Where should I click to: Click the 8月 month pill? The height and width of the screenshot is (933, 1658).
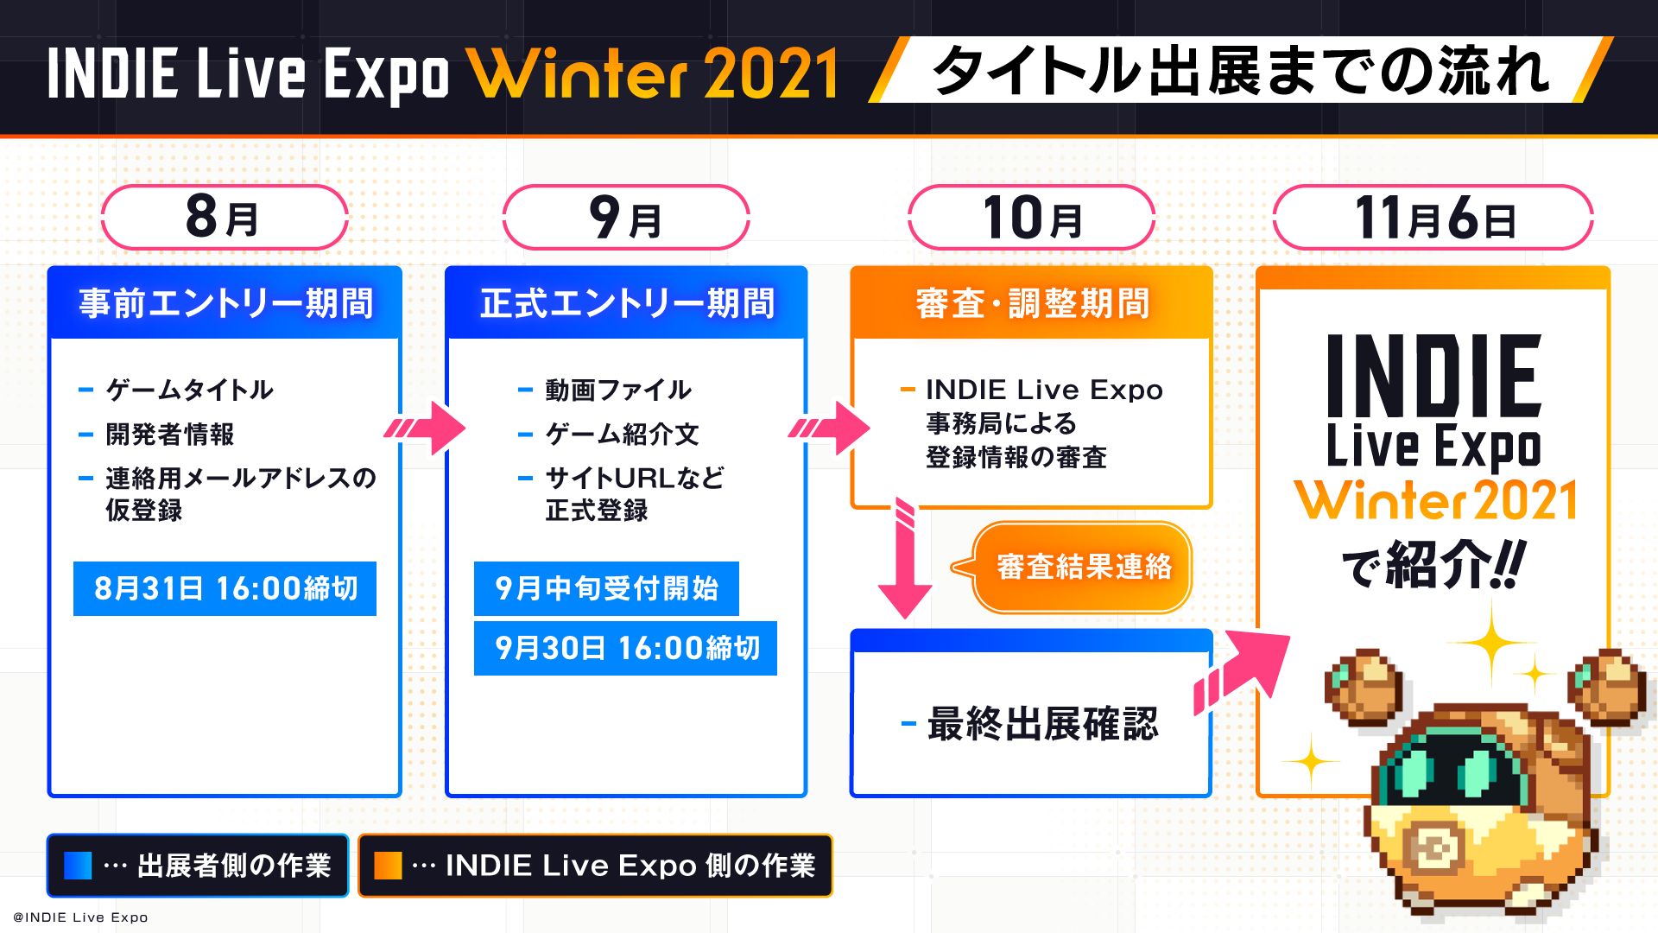point(225,217)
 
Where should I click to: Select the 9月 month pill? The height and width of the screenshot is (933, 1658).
point(626,217)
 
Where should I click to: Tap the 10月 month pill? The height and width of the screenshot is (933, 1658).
point(1031,217)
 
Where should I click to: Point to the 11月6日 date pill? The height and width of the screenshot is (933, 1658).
point(1433,217)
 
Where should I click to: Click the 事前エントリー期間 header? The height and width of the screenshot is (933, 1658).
point(225,302)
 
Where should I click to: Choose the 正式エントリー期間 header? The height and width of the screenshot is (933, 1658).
point(626,302)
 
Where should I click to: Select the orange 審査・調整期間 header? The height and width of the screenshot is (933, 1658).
point(1031,302)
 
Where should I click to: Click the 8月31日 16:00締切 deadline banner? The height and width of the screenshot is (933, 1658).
point(225,588)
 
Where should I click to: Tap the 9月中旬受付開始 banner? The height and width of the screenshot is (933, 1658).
point(606,588)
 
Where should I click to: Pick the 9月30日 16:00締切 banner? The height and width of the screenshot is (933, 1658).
point(625,648)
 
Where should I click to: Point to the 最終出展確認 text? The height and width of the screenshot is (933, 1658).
point(1042,724)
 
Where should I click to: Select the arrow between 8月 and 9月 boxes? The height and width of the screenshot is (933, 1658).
point(425,427)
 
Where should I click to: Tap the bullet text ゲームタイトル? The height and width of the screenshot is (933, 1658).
point(189,390)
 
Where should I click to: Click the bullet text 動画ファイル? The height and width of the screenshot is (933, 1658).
point(618,390)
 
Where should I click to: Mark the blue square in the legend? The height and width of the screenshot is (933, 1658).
point(78,866)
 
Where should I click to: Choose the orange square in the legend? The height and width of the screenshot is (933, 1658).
point(388,866)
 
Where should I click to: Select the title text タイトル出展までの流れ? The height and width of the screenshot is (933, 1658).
point(1241,70)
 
